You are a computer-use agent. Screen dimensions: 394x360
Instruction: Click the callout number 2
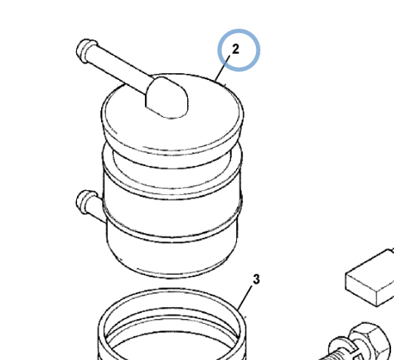235,49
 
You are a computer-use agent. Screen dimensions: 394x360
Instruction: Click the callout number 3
256,279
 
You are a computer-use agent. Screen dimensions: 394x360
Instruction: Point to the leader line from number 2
223,69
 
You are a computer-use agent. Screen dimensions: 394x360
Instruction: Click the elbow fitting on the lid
167,97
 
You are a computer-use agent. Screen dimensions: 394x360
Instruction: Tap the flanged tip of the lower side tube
85,202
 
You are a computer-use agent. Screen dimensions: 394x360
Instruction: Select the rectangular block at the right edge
370,277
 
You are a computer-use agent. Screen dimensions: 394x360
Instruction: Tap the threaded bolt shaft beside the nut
327,355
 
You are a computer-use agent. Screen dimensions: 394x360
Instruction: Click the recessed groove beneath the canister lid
172,161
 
